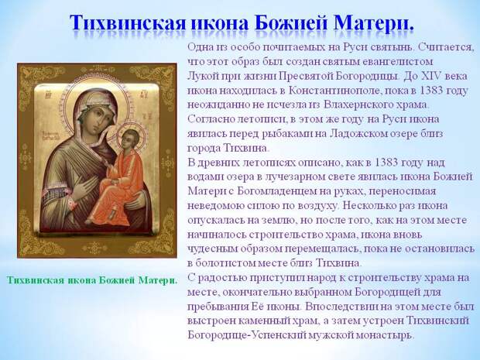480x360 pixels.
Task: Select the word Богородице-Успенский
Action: [247, 335]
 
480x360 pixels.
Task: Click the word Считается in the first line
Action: [444, 47]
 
